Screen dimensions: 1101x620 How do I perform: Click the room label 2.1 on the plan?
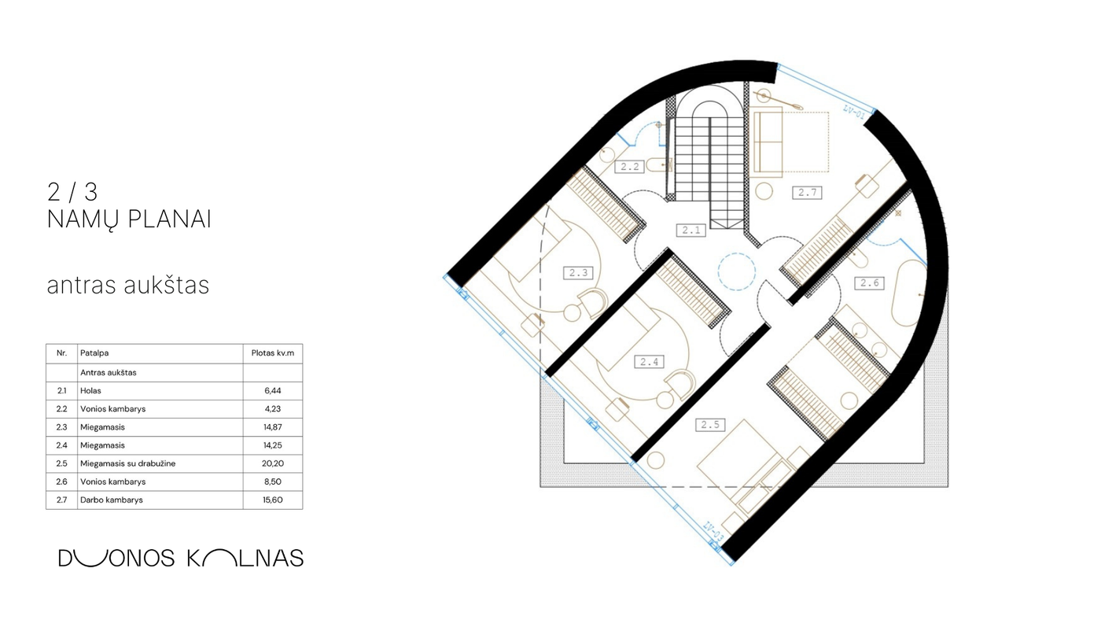(x=691, y=230)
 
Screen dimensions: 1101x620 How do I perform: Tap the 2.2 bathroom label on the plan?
(x=630, y=167)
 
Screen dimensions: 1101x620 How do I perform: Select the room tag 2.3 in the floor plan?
(x=578, y=273)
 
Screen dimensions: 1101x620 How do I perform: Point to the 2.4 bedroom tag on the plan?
(x=650, y=363)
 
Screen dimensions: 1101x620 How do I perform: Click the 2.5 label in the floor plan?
(x=710, y=425)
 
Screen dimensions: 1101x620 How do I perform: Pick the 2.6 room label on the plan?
(x=870, y=283)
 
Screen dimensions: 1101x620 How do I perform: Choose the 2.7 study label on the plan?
(x=807, y=193)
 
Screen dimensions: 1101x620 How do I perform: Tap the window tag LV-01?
(x=854, y=112)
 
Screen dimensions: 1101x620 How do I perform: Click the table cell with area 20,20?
(x=273, y=463)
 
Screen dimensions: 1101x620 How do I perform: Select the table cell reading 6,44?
(x=273, y=391)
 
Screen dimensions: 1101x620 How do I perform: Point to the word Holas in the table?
(x=90, y=391)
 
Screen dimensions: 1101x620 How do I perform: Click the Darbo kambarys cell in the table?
(x=112, y=500)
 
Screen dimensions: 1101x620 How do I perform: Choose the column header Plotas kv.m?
(x=273, y=353)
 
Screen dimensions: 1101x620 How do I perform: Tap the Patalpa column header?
(x=94, y=353)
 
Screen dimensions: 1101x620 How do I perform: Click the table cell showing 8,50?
(x=273, y=482)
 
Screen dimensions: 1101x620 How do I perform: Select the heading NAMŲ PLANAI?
(x=129, y=220)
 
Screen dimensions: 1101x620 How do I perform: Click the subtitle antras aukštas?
(x=128, y=285)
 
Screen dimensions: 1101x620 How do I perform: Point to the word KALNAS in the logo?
(x=245, y=558)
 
